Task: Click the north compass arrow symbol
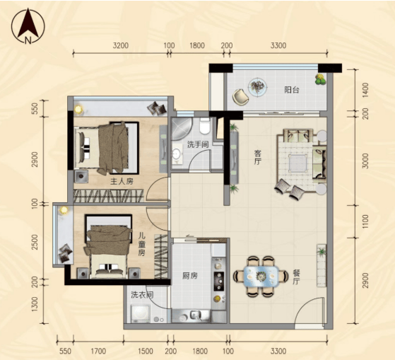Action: (28, 26)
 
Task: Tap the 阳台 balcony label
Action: (292, 90)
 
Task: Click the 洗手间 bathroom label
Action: (198, 145)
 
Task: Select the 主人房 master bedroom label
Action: (122, 181)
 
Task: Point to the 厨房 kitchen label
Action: (190, 276)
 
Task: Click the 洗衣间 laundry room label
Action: (142, 295)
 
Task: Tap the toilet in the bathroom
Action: (204, 126)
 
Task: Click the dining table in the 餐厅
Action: (261, 276)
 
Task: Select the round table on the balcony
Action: (257, 86)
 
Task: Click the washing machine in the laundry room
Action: (141, 313)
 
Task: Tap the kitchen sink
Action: (195, 315)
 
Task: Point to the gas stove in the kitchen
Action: (218, 281)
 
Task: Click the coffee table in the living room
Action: (297, 163)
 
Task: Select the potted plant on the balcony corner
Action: (320, 79)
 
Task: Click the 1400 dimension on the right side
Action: (365, 91)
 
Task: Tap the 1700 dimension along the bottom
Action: (98, 351)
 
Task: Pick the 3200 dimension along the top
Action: (121, 46)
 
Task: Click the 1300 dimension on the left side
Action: (35, 304)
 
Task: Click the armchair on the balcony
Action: (240, 97)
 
